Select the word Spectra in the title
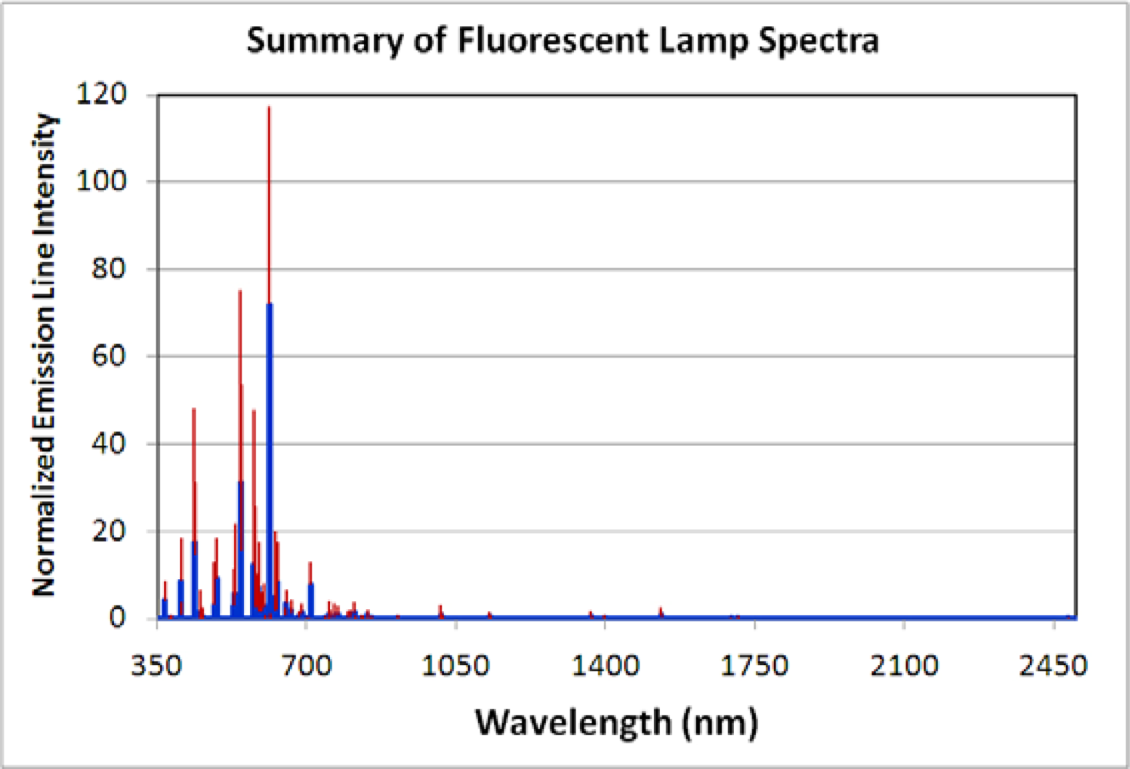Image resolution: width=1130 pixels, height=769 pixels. click(x=818, y=40)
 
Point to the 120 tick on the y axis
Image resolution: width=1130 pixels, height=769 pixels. click(x=102, y=94)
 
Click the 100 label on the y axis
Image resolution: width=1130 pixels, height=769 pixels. click(x=102, y=181)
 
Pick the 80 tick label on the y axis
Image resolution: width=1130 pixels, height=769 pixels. click(x=108, y=269)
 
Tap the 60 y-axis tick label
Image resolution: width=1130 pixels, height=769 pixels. click(x=108, y=356)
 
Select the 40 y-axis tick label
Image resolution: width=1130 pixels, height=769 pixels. click(x=108, y=444)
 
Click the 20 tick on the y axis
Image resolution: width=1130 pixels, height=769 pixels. click(x=108, y=531)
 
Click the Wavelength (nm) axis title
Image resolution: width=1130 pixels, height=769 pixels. click(x=616, y=722)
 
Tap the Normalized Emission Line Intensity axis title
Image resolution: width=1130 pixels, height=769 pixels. click(x=44, y=355)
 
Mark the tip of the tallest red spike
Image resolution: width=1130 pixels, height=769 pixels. click(x=268, y=107)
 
